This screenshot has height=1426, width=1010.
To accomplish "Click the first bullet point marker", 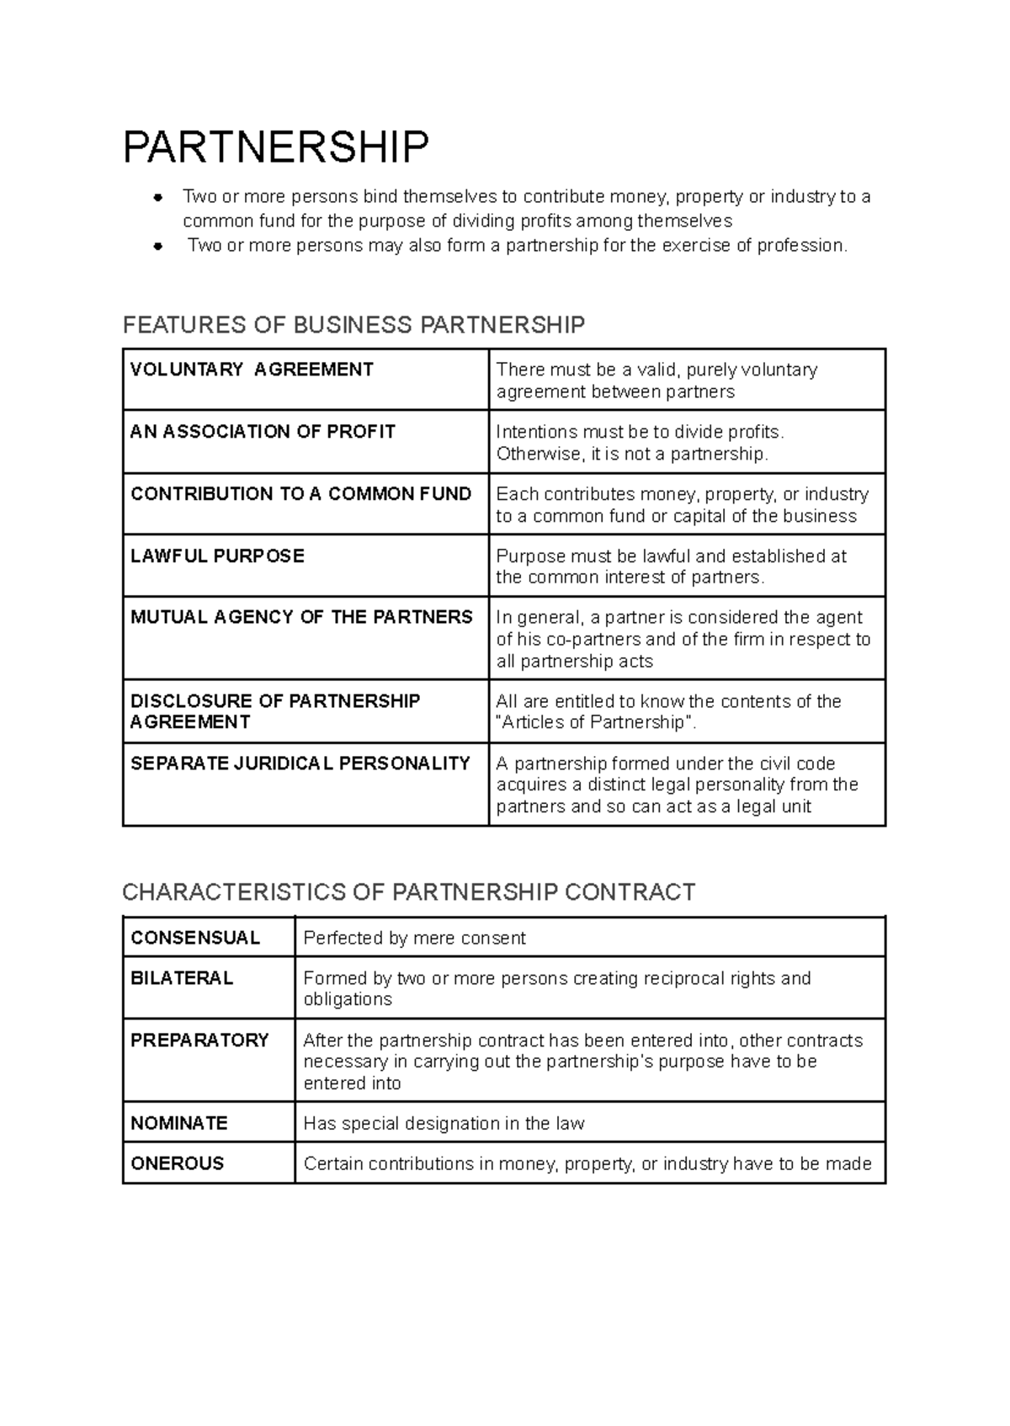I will click(157, 198).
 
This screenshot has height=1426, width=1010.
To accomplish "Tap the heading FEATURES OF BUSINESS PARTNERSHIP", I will click(353, 325).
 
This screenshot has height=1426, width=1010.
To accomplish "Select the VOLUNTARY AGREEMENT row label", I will click(252, 370).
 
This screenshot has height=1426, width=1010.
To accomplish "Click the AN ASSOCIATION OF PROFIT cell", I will click(263, 432).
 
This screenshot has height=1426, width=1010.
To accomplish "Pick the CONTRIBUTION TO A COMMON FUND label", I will click(300, 494).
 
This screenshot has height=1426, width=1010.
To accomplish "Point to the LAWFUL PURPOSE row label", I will click(217, 556).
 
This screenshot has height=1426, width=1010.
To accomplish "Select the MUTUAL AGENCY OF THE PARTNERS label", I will click(301, 617).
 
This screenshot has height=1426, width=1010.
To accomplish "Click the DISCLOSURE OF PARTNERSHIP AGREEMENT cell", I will click(274, 711).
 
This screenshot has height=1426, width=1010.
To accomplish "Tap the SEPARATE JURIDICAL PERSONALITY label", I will click(300, 764).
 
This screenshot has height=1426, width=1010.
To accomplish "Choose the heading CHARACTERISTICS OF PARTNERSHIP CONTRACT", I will click(409, 892).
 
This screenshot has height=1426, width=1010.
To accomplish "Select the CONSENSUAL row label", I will click(195, 939).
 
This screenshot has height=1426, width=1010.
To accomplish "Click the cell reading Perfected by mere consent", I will click(414, 939).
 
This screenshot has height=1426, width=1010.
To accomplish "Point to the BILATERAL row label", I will click(182, 978).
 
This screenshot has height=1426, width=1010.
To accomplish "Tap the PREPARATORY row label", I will click(199, 1040).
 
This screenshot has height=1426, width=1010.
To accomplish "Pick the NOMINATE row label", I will click(179, 1124).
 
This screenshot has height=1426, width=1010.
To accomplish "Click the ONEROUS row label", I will click(178, 1163).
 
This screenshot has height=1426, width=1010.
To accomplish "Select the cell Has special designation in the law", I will click(444, 1124).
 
